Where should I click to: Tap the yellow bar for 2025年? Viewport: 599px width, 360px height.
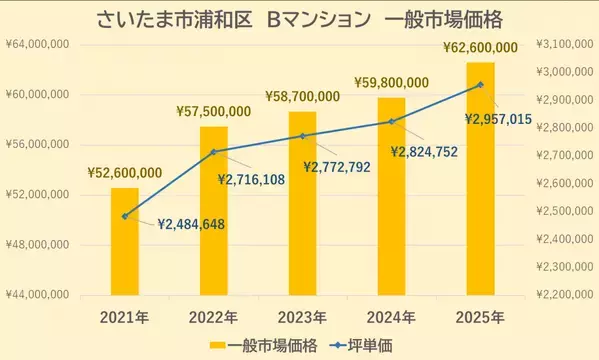480,180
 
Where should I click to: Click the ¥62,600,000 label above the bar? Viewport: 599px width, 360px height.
480,47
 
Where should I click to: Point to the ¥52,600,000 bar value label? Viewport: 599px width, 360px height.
125,173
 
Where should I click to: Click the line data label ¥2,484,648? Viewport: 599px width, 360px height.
193,224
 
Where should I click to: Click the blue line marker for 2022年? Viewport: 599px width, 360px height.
214,152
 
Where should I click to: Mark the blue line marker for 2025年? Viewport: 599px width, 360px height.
480,84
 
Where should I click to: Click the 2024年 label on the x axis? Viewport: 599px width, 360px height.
391,317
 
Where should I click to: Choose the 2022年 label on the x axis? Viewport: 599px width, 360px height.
214,317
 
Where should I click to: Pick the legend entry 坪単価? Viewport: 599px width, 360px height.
362,345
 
